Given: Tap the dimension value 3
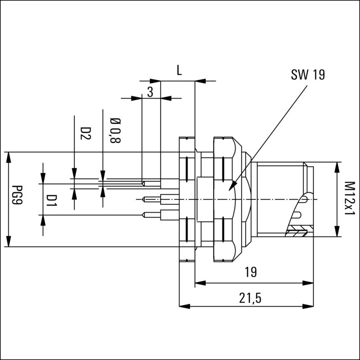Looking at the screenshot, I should (x=150, y=92).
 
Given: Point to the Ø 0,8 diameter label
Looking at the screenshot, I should (x=115, y=130).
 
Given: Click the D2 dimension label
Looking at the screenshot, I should (x=85, y=133).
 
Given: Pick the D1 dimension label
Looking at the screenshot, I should (x=53, y=199).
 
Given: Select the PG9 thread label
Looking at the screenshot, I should (x=18, y=199).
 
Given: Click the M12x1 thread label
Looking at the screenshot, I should (x=349, y=198).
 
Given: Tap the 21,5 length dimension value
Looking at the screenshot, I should (x=251, y=298).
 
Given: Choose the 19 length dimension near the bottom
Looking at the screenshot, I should (x=251, y=272).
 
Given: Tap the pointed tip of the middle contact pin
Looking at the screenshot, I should (x=142, y=198).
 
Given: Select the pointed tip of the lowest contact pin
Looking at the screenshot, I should (x=142, y=215).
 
